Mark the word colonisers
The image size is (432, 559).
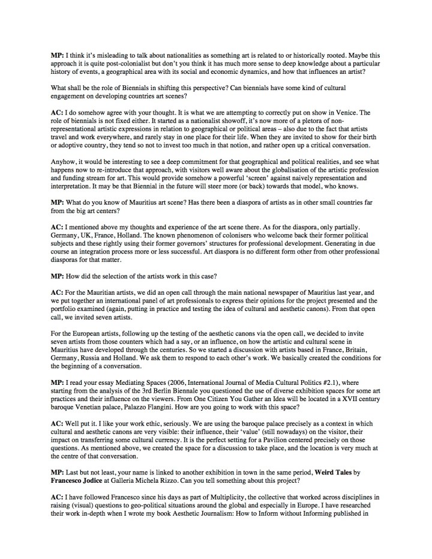[x=181, y=244]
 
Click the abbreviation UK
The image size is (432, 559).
[x=88, y=244]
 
